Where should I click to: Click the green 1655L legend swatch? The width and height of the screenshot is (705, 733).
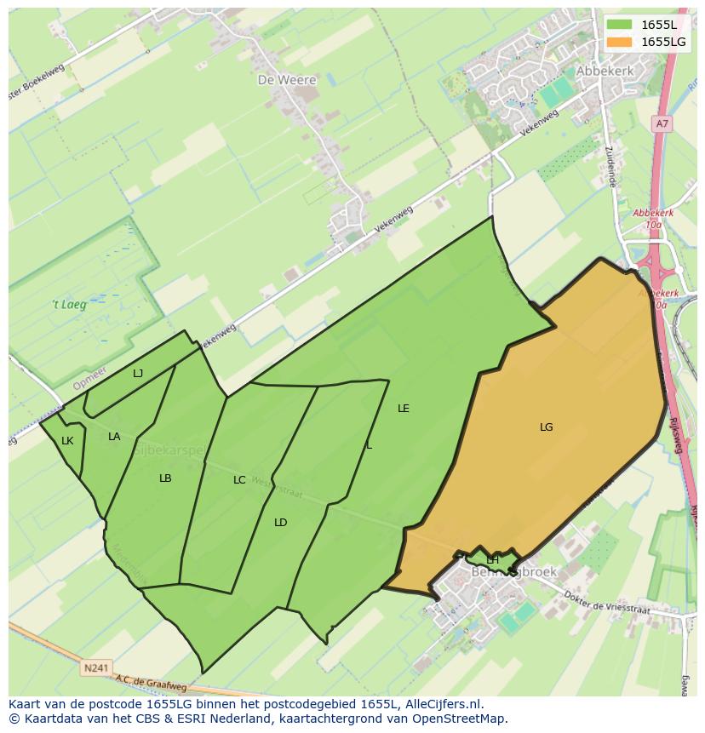click(x=620, y=25)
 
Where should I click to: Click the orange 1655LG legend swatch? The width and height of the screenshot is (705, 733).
click(x=620, y=42)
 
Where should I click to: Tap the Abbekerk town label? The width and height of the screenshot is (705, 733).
click(x=605, y=72)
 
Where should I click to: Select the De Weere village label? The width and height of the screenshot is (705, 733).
click(x=287, y=80)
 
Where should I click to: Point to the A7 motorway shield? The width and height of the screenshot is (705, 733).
click(x=662, y=123)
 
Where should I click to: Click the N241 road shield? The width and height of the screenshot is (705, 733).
click(x=96, y=668)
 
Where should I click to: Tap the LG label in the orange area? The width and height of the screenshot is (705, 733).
click(x=547, y=427)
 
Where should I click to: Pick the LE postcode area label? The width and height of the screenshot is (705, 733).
click(x=404, y=409)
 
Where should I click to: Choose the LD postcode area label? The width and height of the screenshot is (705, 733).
click(x=281, y=523)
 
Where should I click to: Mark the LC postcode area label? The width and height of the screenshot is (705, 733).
click(x=239, y=480)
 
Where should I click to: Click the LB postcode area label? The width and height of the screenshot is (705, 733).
click(x=165, y=478)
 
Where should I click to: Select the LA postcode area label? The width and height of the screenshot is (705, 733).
click(x=114, y=437)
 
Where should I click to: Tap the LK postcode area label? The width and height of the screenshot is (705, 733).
click(x=67, y=441)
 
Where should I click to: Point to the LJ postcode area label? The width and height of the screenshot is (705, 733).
click(x=138, y=373)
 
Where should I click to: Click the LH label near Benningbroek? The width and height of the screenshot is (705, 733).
click(x=492, y=559)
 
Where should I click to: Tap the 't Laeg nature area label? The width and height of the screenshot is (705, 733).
click(x=69, y=304)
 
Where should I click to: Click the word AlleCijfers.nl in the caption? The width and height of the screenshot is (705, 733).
click(x=443, y=704)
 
